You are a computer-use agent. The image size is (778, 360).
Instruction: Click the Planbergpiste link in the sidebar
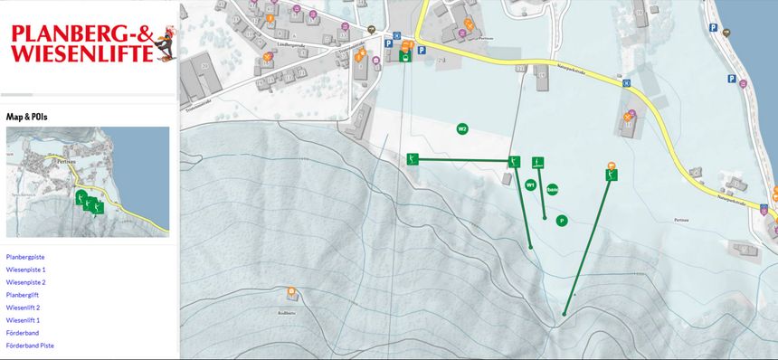tap(26, 257)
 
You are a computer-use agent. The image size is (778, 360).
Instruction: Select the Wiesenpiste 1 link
tap(25, 270)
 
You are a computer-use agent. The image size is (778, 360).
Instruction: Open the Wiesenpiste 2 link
tap(25, 282)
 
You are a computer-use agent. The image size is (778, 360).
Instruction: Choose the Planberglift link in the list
tap(24, 295)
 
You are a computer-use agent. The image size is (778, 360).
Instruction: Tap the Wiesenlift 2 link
tap(23, 308)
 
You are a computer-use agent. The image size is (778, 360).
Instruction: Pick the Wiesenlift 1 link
tap(23, 320)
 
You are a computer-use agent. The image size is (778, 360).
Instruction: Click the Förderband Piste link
tap(30, 346)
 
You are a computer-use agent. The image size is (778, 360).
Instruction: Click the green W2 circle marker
tap(462, 128)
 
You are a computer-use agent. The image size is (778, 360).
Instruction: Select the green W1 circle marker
tap(531, 185)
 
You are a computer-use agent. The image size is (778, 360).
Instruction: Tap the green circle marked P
tap(562, 220)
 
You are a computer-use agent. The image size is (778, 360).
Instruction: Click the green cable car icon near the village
tap(405, 56)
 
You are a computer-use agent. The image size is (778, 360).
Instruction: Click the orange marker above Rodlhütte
tap(291, 291)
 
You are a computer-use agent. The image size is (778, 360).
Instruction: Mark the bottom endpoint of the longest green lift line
tap(565, 314)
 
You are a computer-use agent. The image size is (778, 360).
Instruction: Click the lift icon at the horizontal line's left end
tap(413, 159)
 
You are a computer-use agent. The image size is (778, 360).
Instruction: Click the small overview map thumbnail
tap(88, 182)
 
